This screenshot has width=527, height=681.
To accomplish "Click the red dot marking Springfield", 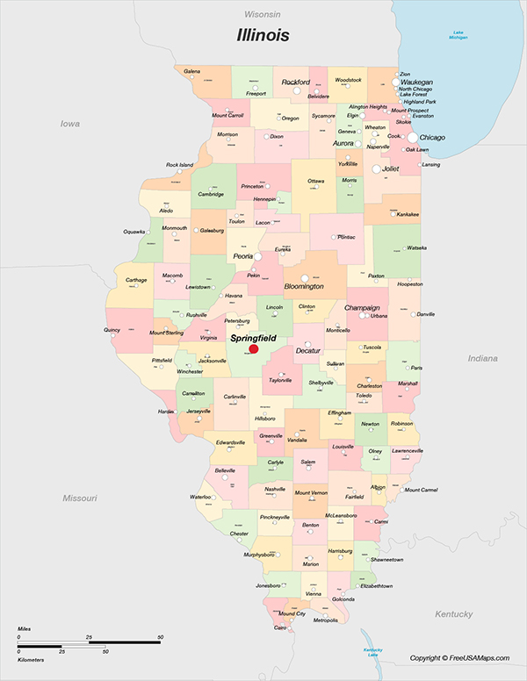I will tap(254, 348).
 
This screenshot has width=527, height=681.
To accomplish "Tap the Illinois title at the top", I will tap(263, 36).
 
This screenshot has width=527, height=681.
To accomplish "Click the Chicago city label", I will tap(432, 138).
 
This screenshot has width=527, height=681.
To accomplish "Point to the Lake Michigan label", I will tap(458, 36).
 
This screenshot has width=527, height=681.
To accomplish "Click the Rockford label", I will tap(296, 82).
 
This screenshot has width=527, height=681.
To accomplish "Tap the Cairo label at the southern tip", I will tap(280, 628).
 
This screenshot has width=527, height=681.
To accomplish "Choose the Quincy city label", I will tap(112, 330).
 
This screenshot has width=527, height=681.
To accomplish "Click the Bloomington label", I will tap(304, 286).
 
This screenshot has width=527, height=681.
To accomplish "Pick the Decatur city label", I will tap(308, 350).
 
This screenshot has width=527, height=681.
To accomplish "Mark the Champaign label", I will tap(362, 308).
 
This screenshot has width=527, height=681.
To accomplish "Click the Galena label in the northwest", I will tap(192, 71).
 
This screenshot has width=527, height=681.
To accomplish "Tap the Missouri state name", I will tap(79, 498).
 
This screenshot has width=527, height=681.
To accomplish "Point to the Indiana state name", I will tap(482, 358).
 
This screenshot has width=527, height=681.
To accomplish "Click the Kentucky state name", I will tap(454, 613).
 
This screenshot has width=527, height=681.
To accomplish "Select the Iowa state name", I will tap(69, 124).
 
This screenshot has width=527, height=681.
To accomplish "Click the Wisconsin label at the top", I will tap(263, 15).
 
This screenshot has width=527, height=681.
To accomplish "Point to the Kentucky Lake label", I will tap(372, 652).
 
